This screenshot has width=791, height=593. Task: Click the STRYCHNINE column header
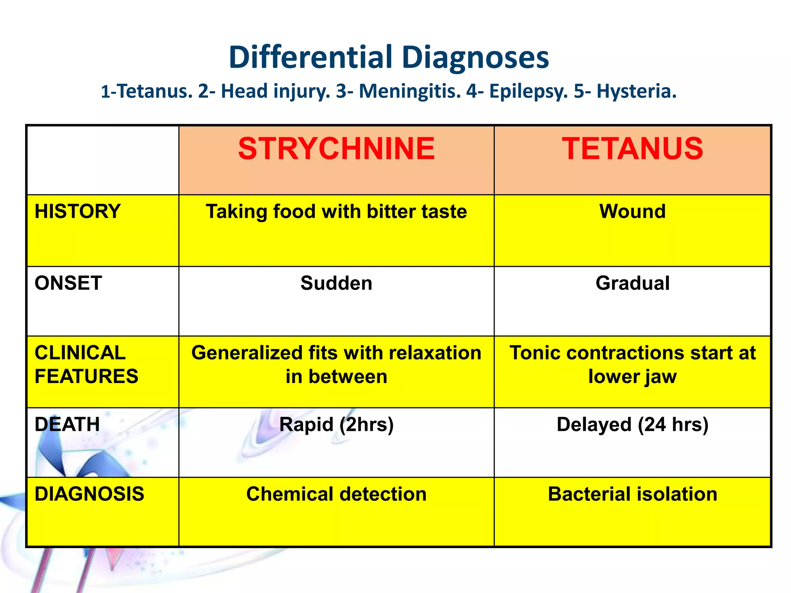336,149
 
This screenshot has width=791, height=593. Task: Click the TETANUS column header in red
632,149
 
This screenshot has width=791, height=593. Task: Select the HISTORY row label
78,212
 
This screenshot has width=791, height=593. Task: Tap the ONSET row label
68,283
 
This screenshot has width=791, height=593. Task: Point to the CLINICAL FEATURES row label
86,364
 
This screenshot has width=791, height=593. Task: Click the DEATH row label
67,424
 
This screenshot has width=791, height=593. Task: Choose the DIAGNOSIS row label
89,494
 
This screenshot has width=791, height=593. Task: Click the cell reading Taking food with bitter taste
336,212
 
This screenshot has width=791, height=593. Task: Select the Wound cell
632,212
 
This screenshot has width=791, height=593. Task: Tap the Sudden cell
336,283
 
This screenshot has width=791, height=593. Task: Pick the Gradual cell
632,283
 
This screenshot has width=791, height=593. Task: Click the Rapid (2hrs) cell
336,425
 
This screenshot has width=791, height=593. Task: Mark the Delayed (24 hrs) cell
632,425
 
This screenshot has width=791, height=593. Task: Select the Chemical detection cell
336,494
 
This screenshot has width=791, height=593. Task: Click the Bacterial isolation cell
632,494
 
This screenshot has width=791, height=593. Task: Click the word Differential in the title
311,57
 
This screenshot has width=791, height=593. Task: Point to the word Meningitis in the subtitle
410,91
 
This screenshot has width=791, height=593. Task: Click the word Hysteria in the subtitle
636,91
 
